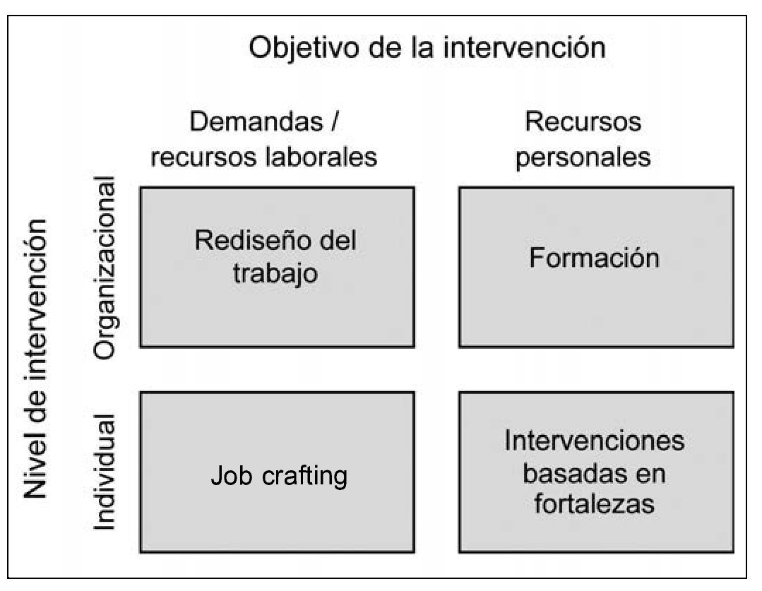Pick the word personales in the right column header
[583, 157]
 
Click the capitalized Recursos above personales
[583, 122]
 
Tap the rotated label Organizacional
[103, 270]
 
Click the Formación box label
[594, 258]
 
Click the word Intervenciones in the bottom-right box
[594, 441]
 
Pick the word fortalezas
[594, 504]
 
